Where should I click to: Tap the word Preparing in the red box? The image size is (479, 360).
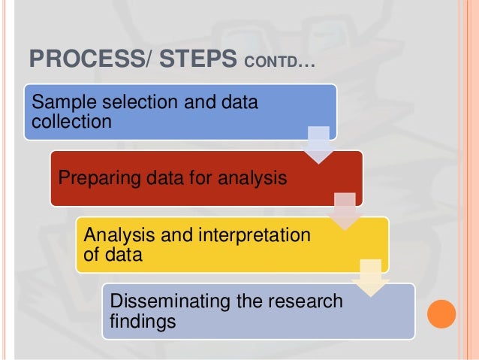pos(93,179)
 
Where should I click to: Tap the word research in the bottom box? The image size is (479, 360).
pos(304,301)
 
